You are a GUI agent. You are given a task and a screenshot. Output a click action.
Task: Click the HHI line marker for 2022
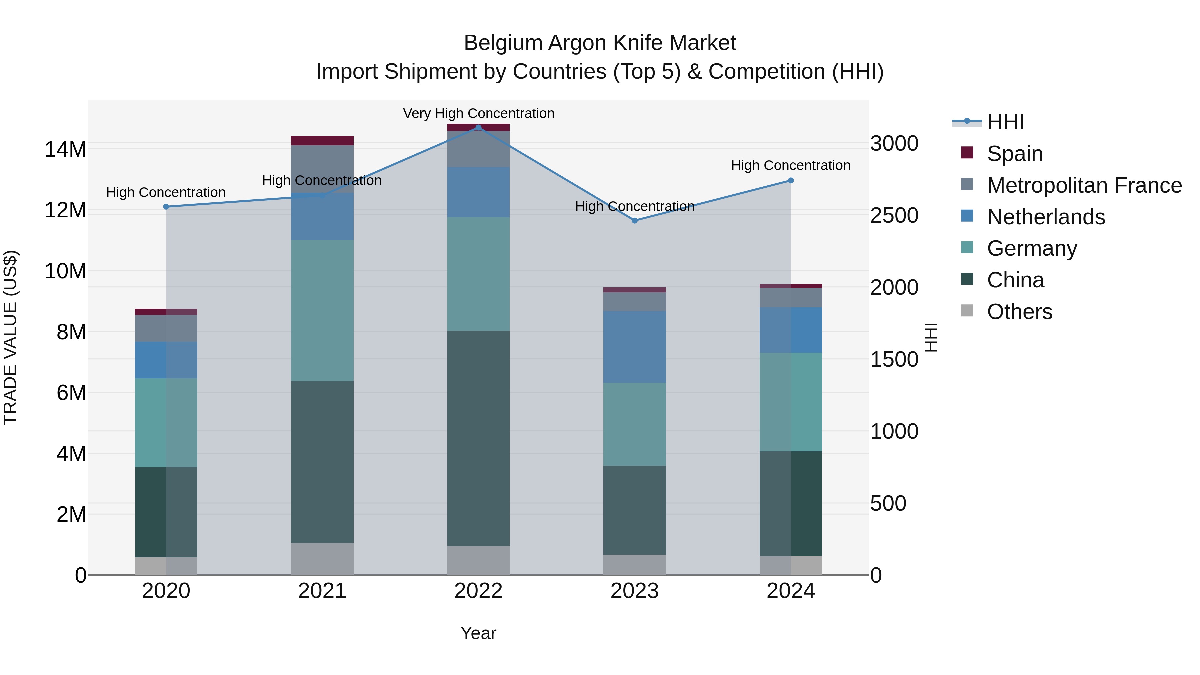coord(478,127)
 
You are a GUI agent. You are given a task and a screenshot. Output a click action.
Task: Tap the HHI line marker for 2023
coord(634,220)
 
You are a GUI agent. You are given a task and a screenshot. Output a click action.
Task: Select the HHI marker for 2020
coord(166,207)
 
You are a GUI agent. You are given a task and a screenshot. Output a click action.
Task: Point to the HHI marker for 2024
coord(791,180)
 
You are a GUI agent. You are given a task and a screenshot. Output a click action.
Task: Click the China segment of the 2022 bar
coord(478,438)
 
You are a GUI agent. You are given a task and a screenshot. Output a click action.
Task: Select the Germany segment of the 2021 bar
coord(322,310)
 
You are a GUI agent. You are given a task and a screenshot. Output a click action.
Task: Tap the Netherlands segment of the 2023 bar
coord(634,347)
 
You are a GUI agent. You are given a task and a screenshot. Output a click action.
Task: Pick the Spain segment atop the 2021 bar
coord(322,141)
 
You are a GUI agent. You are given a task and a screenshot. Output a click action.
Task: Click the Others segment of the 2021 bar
coord(322,559)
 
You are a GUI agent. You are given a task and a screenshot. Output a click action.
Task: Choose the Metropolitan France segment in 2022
coord(478,149)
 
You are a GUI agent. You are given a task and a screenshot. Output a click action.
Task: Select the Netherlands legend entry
coord(1045,217)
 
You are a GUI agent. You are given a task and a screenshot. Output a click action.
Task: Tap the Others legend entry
coord(1019,312)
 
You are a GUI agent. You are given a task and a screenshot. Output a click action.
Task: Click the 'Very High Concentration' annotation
coord(478,113)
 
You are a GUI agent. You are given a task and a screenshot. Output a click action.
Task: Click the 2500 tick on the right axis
coord(894,215)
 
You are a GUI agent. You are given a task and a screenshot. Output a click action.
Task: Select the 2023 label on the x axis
coord(634,591)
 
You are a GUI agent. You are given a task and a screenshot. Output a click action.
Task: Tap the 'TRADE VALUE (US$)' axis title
coord(10,337)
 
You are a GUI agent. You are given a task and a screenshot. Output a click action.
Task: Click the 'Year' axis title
coord(478,633)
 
